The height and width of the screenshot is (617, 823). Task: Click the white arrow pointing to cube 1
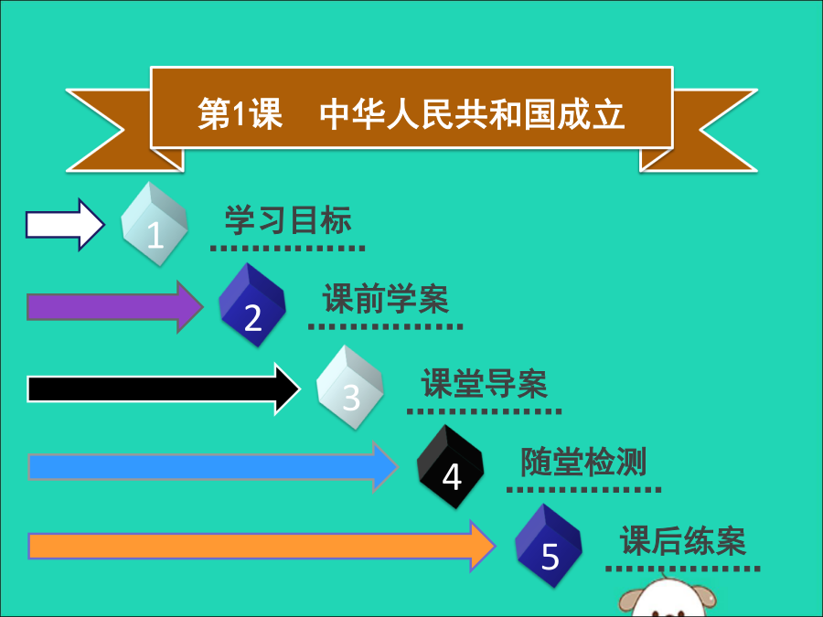(x=64, y=224)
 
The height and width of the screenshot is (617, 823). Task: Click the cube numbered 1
(x=155, y=224)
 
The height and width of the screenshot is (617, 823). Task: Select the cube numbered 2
(x=252, y=305)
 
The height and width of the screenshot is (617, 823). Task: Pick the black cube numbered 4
(x=450, y=467)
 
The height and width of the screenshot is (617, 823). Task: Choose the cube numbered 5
(x=549, y=546)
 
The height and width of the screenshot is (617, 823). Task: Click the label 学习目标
(x=288, y=220)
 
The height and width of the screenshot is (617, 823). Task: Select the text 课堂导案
(x=485, y=384)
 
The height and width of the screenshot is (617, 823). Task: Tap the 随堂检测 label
(x=583, y=462)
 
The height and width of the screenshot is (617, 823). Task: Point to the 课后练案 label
(x=683, y=541)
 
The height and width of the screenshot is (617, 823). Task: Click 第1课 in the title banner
(x=240, y=115)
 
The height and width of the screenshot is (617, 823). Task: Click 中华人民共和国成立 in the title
(x=472, y=115)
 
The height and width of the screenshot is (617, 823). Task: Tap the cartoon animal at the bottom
(x=668, y=599)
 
